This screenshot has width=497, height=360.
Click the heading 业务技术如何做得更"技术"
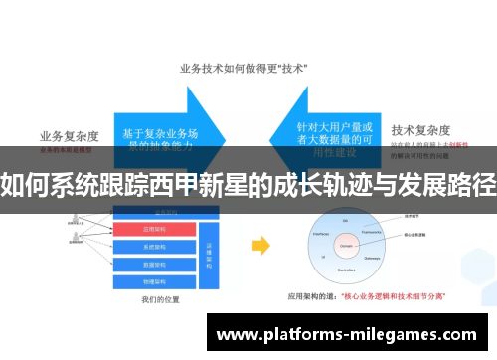(243, 69)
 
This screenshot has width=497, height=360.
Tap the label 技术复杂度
(420, 129)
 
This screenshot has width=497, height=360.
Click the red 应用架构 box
(157, 229)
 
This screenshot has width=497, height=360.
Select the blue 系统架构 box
(157, 246)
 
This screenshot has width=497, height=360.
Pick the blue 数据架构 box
(157, 263)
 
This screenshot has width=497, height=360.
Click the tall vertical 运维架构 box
(210, 254)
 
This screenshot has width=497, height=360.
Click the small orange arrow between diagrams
(260, 245)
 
